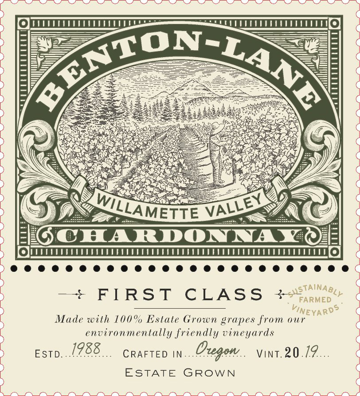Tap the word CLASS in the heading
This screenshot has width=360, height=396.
[x=228, y=294]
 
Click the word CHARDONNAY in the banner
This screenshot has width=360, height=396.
[x=179, y=237]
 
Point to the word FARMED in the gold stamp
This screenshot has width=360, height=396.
[x=315, y=300]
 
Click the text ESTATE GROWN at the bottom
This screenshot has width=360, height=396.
[x=180, y=372]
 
